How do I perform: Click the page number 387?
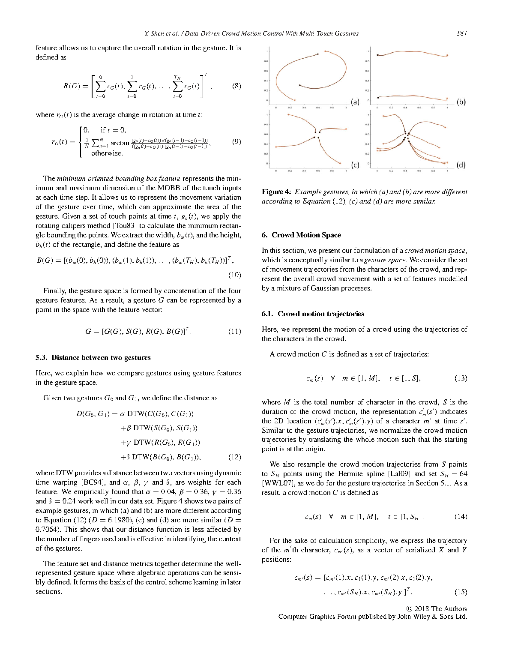click(x=461, y=33)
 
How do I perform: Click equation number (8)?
click(x=236, y=86)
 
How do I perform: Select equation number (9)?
click(x=236, y=142)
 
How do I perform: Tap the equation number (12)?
click(x=234, y=457)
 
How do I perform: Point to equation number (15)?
click(x=461, y=592)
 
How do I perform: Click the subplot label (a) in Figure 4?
click(x=355, y=102)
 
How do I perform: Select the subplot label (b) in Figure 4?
click(x=461, y=102)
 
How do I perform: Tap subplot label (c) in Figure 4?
click(x=355, y=165)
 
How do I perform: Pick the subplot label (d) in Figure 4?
click(x=461, y=165)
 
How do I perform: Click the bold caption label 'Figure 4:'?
click(x=277, y=192)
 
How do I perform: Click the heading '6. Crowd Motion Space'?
click(x=301, y=235)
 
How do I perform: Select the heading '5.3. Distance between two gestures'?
click(x=93, y=358)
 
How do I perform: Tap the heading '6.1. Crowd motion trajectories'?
click(x=313, y=314)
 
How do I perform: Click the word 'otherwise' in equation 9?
click(x=107, y=153)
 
